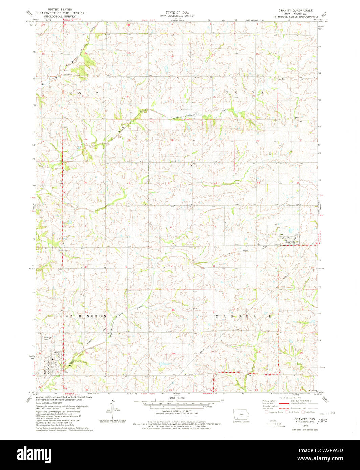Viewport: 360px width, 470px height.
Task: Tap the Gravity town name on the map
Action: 57,352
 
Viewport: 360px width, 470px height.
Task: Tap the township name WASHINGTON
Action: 86,316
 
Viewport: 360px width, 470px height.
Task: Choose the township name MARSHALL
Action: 243,316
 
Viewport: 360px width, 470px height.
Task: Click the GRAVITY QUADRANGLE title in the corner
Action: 298,10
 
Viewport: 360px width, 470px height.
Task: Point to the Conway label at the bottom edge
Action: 313,390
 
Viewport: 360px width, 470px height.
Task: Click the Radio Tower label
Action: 297,118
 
